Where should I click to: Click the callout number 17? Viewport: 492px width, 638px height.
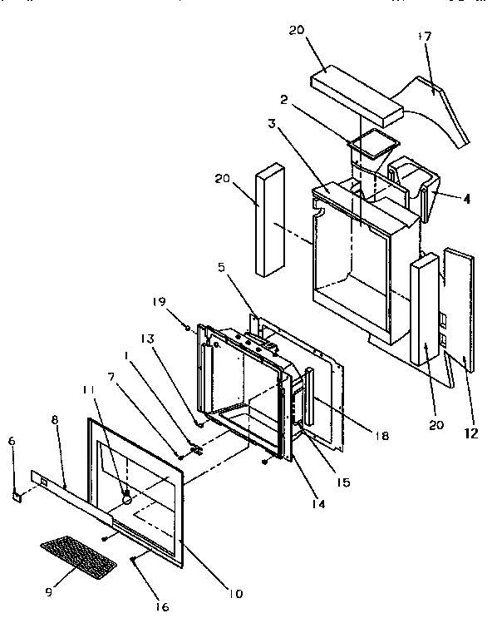(425, 38)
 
